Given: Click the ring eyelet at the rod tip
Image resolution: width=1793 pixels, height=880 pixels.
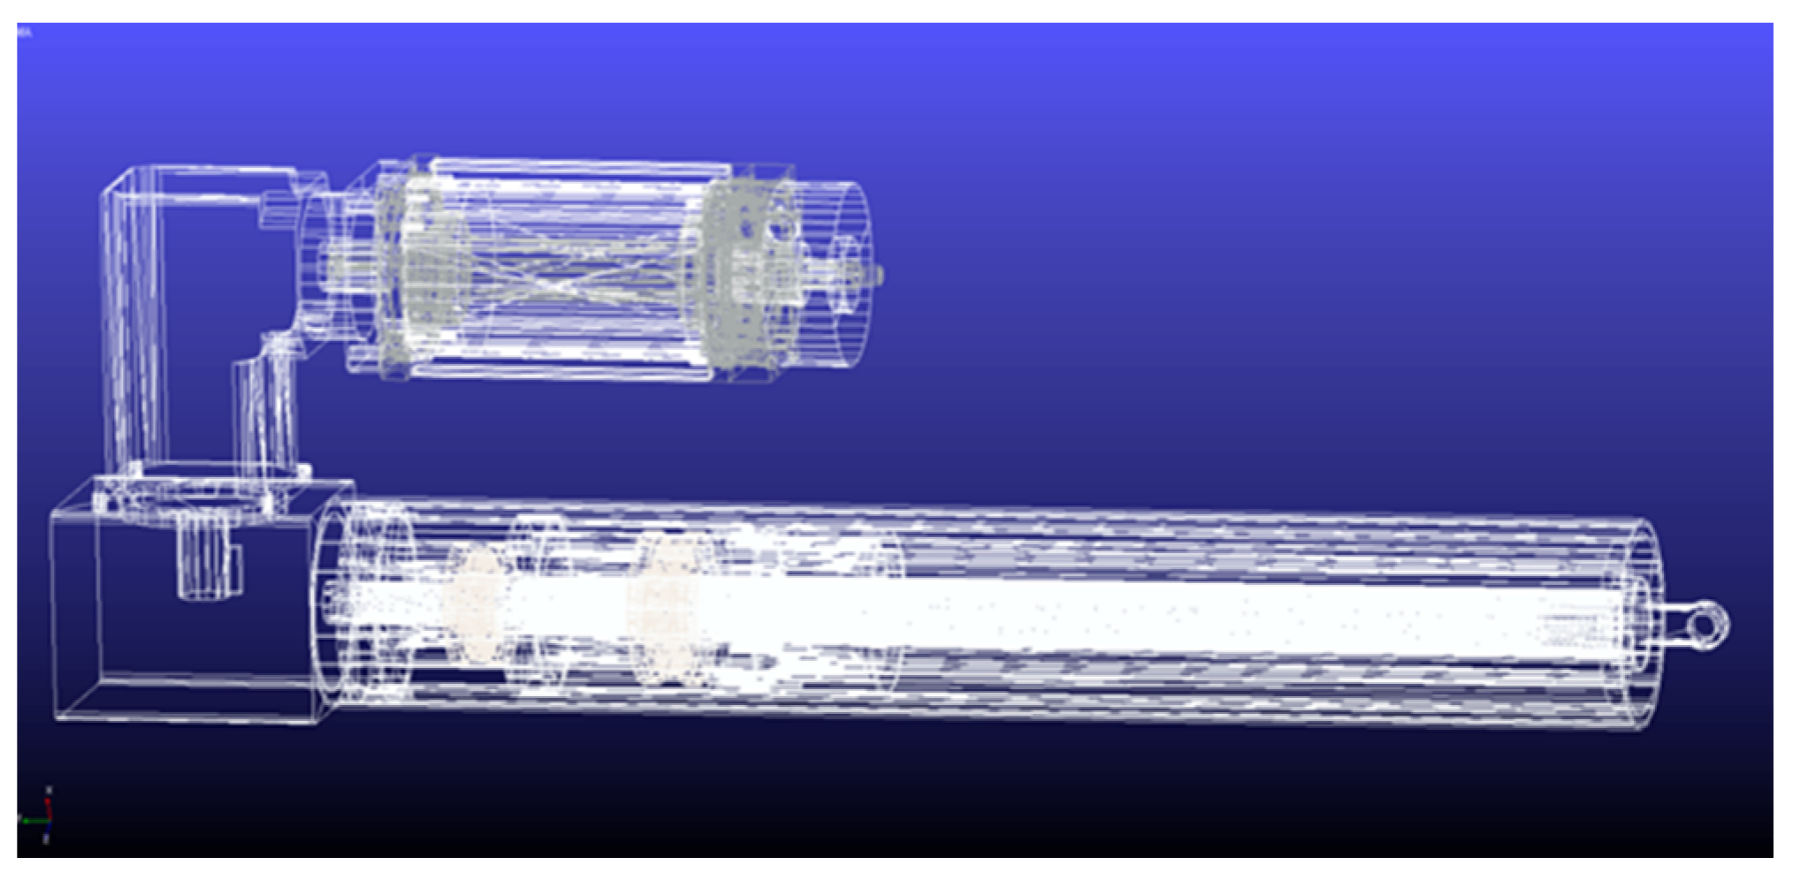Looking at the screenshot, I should (1707, 624).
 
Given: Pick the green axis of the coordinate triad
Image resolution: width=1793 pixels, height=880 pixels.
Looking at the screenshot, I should (35, 821).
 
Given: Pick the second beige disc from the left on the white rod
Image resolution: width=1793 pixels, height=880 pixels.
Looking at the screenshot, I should (663, 610).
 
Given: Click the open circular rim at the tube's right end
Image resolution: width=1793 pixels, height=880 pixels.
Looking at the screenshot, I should (1644, 624).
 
